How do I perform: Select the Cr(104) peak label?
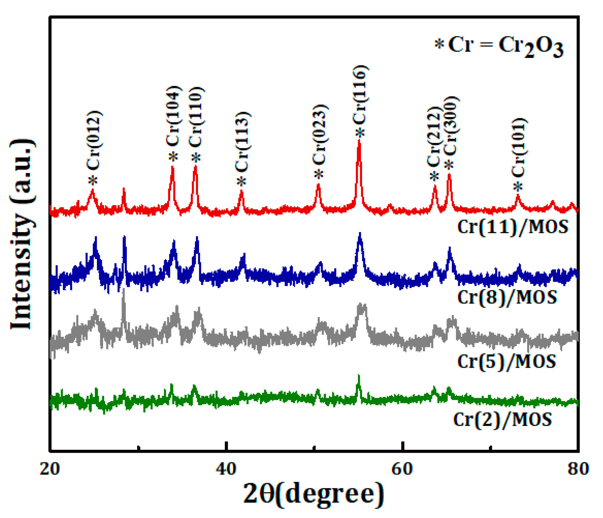[x=173, y=116]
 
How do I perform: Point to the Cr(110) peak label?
[x=196, y=117]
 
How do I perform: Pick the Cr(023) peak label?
[x=320, y=135]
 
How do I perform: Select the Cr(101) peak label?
[x=519, y=147]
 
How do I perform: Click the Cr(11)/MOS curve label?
[x=513, y=227]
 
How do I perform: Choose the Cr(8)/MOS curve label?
[x=507, y=297]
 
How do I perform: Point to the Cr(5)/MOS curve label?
[x=506, y=361]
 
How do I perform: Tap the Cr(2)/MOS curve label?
[x=502, y=419]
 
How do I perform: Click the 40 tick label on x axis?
[x=226, y=469]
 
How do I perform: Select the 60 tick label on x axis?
[x=402, y=469]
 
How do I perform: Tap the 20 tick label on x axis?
[x=50, y=469]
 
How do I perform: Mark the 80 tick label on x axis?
[x=578, y=469]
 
